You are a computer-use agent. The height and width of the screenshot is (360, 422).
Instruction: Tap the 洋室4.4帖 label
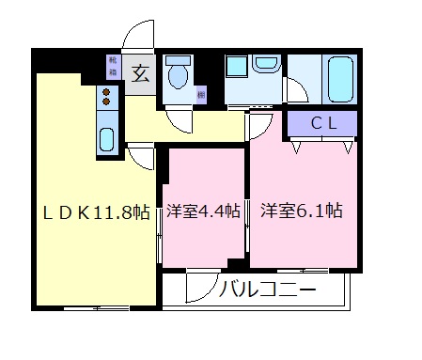tap(204, 211)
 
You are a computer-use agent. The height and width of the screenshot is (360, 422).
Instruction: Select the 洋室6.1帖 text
tap(301, 211)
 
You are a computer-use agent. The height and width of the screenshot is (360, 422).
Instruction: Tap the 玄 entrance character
tap(139, 71)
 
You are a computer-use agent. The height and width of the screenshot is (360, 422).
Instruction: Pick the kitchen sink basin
tap(106, 138)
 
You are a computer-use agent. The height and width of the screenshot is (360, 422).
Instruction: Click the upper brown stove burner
tap(105, 91)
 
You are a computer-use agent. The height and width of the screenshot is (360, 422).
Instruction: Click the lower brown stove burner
tap(105, 101)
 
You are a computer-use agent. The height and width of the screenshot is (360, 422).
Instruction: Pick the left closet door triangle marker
tap(297, 146)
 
